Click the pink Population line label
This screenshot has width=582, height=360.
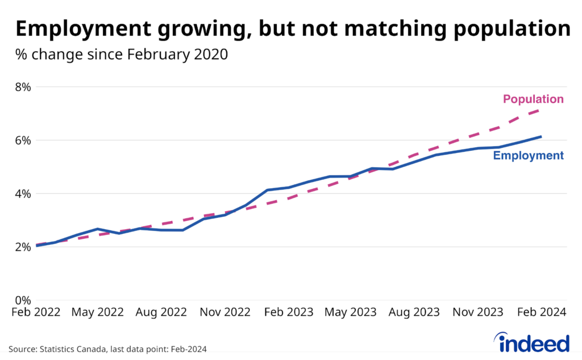533,100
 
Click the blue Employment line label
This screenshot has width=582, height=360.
528,156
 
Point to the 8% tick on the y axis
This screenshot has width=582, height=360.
23,87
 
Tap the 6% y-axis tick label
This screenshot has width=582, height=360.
23,140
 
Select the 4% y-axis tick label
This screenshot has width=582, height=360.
23,194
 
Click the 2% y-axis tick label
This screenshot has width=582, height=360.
23,247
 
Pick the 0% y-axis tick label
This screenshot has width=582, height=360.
23,300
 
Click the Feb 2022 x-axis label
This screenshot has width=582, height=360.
35,312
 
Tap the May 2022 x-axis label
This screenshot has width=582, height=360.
98,312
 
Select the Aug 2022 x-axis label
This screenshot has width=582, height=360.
161,312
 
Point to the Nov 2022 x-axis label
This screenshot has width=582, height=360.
225,312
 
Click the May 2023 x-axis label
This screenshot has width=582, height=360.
350,312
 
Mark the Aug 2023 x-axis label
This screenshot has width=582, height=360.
413,312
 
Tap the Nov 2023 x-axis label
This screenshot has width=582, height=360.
477,312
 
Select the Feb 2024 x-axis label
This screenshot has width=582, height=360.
540,312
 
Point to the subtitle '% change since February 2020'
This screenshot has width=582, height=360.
122,55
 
